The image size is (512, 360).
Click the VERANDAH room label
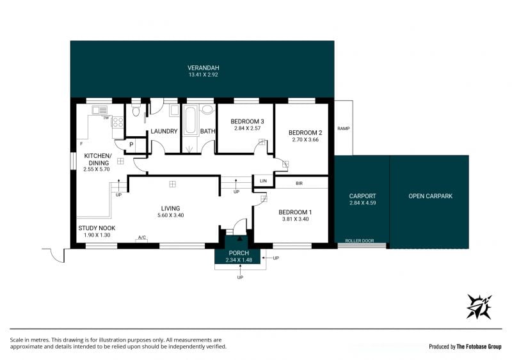coord(203,68)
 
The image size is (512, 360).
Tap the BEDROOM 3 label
coord(247,121)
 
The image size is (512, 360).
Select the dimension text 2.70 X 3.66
coord(305,139)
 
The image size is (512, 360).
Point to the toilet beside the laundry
coord(136,110)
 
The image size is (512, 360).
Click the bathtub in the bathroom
coord(189,120)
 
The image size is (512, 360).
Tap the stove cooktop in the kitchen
coord(118,122)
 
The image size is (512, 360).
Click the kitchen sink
coord(100,110)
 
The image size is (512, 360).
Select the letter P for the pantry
coord(131,145)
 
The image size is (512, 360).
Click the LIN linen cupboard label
coord(263,181)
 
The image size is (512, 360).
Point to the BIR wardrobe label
coord(299,184)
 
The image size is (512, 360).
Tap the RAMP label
coord(344,129)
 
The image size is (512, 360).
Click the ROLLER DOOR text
coord(360,241)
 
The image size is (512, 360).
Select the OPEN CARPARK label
coord(430,196)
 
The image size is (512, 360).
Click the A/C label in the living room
coord(141,238)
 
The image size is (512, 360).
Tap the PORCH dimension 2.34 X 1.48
coord(239,260)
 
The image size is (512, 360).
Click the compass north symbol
coord(479,306)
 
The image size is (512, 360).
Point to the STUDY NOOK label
coord(97,228)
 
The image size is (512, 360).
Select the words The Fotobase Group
coord(479,347)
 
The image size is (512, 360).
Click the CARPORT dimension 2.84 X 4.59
coord(362,203)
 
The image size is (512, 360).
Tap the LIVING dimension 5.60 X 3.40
coord(170,215)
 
